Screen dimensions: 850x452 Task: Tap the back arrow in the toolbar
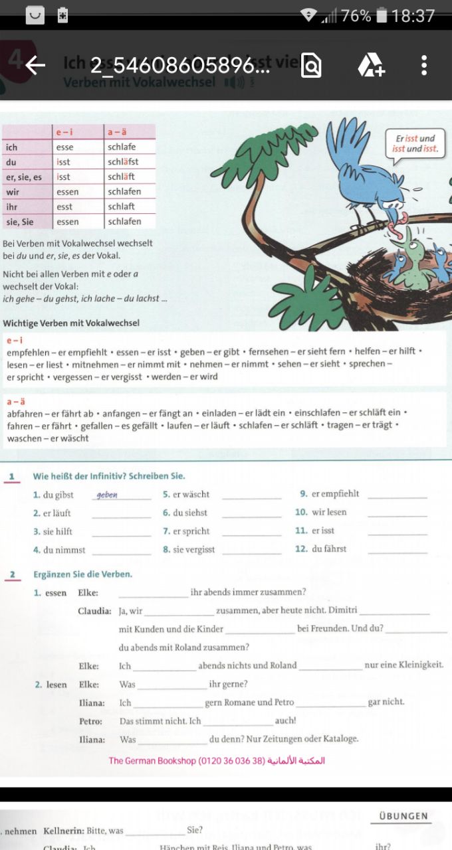[35, 65]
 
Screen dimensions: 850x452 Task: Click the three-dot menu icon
[424, 65]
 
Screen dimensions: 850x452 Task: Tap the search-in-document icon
[311, 65]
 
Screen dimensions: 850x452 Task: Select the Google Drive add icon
[371, 65]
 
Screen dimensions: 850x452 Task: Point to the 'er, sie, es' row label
[24, 177]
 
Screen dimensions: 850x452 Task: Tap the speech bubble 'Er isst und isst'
[415, 143]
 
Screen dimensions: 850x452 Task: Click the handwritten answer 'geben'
[107, 495]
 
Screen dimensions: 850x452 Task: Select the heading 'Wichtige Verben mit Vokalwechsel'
[71, 323]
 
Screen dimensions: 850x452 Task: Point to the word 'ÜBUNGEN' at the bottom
[403, 816]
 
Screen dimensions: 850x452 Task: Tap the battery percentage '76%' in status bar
[356, 15]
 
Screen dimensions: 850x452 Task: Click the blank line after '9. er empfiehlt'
[397, 495]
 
